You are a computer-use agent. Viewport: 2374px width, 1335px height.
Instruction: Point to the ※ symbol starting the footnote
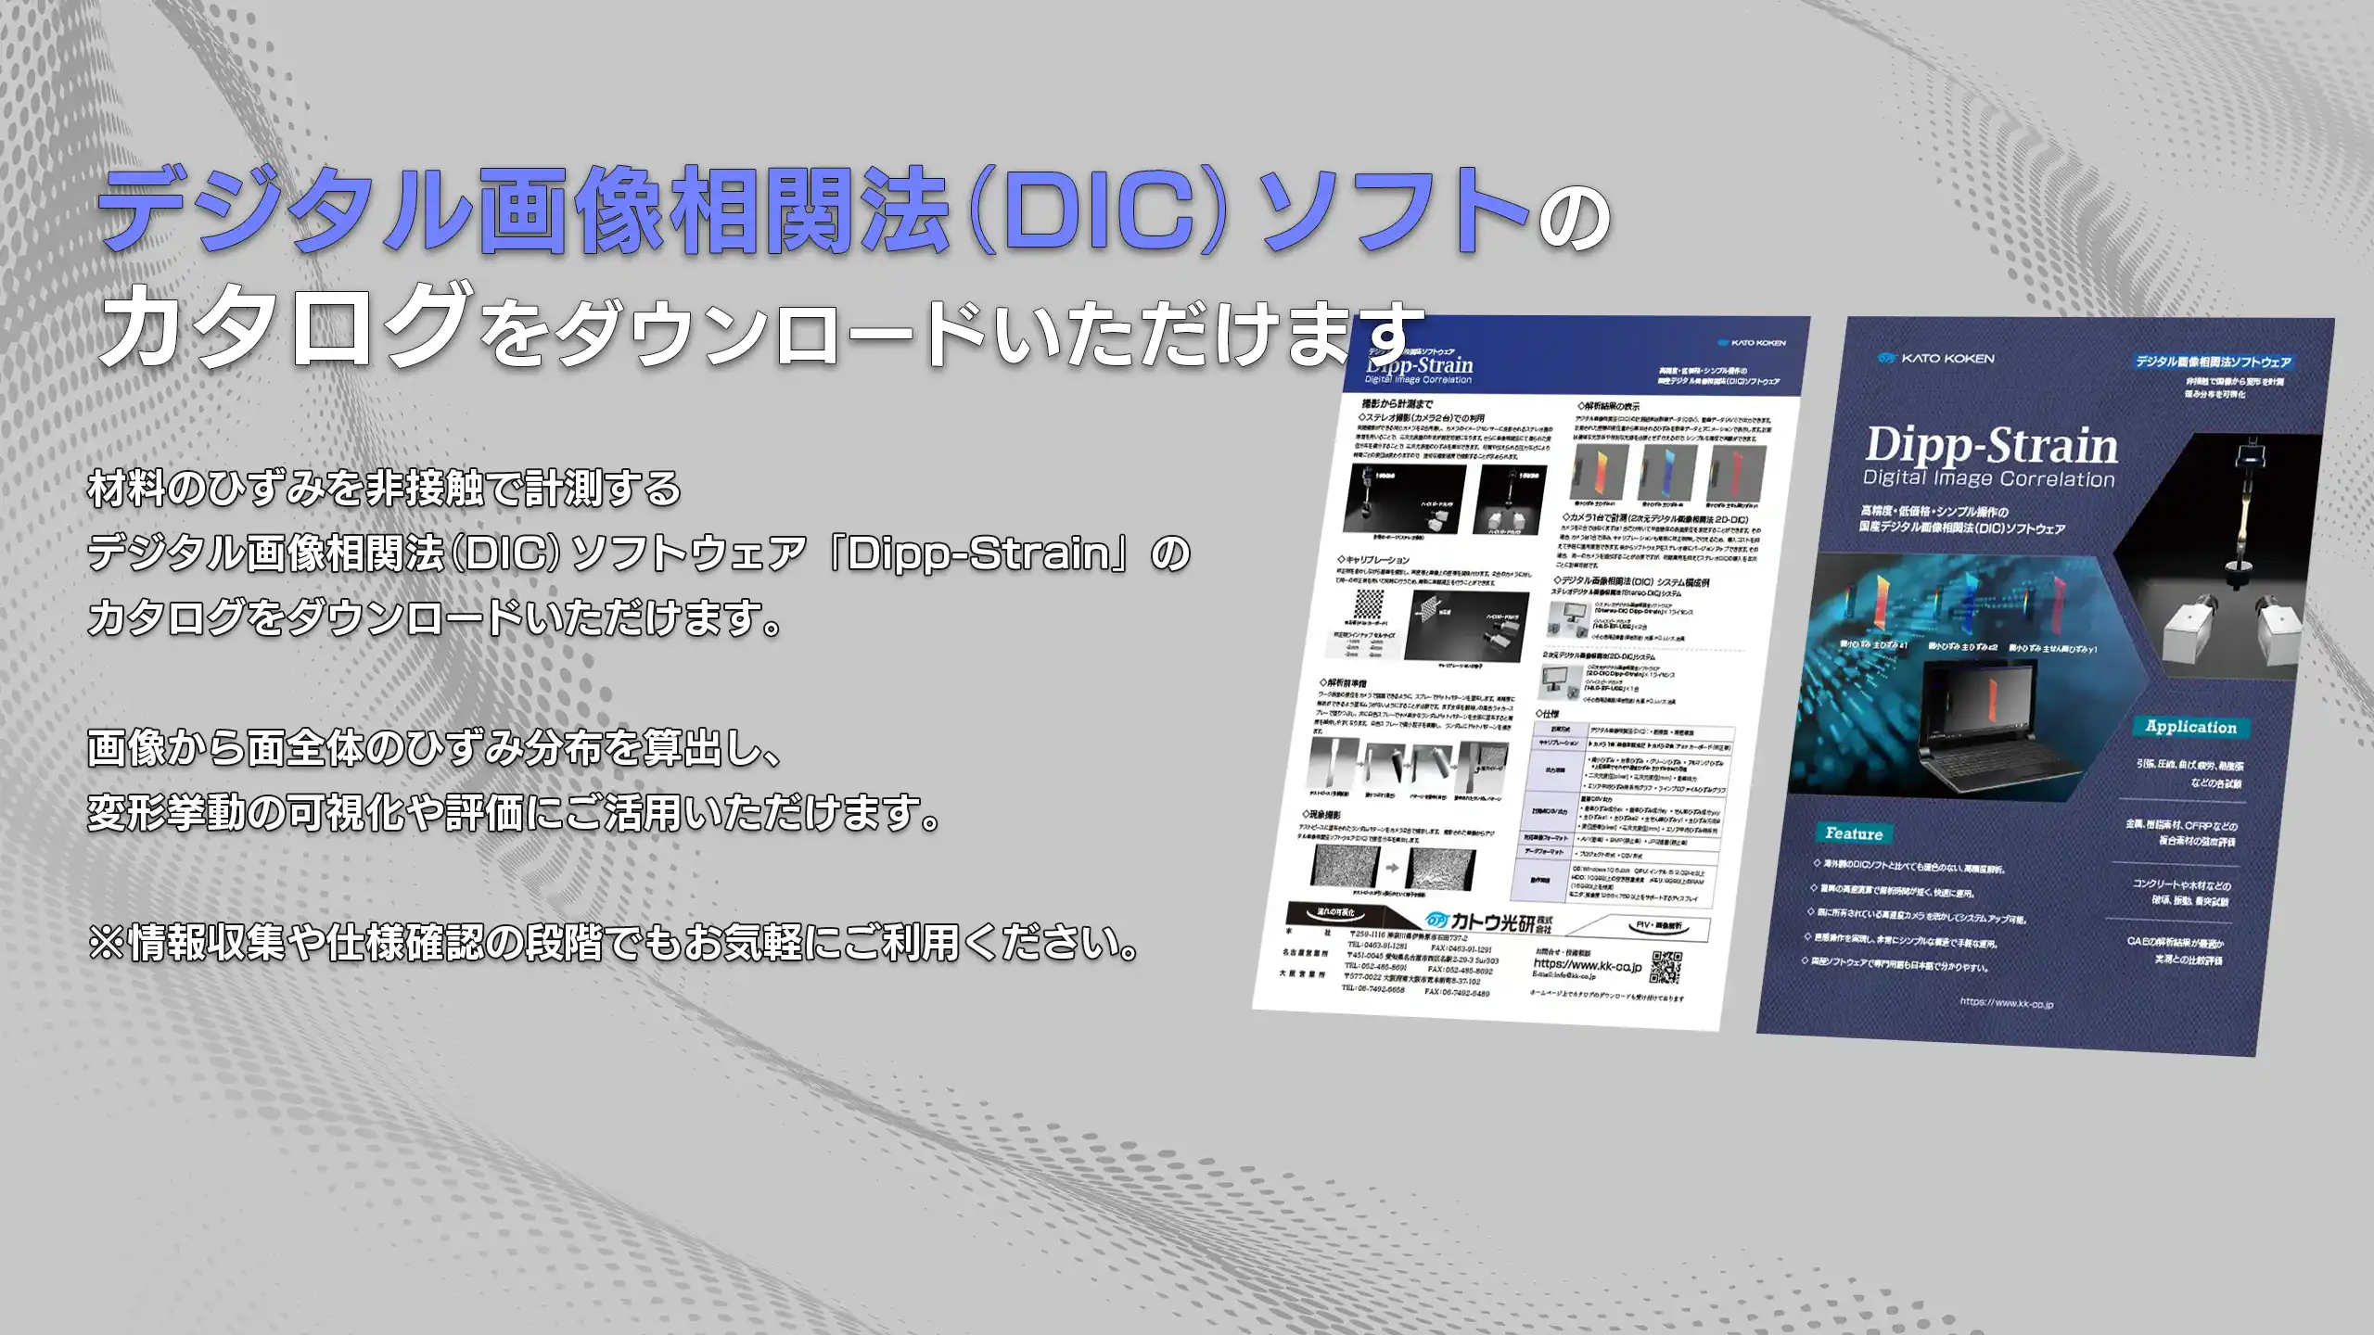tap(107, 943)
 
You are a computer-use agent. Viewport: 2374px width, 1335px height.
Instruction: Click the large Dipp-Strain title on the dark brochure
tap(1991, 446)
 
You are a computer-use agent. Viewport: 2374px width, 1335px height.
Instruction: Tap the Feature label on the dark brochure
tap(1853, 833)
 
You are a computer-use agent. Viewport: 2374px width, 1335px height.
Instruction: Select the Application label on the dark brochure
tap(2190, 727)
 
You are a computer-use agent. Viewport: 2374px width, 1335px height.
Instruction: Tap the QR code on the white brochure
tap(1666, 967)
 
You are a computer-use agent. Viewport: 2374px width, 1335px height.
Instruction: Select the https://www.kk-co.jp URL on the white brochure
tap(1587, 965)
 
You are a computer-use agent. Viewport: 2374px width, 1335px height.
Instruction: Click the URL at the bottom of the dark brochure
tap(2006, 1003)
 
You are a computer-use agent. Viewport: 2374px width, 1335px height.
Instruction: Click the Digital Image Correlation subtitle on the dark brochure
tap(1989, 479)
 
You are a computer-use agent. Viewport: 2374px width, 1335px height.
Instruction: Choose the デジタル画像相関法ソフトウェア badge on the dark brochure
tap(2213, 362)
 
